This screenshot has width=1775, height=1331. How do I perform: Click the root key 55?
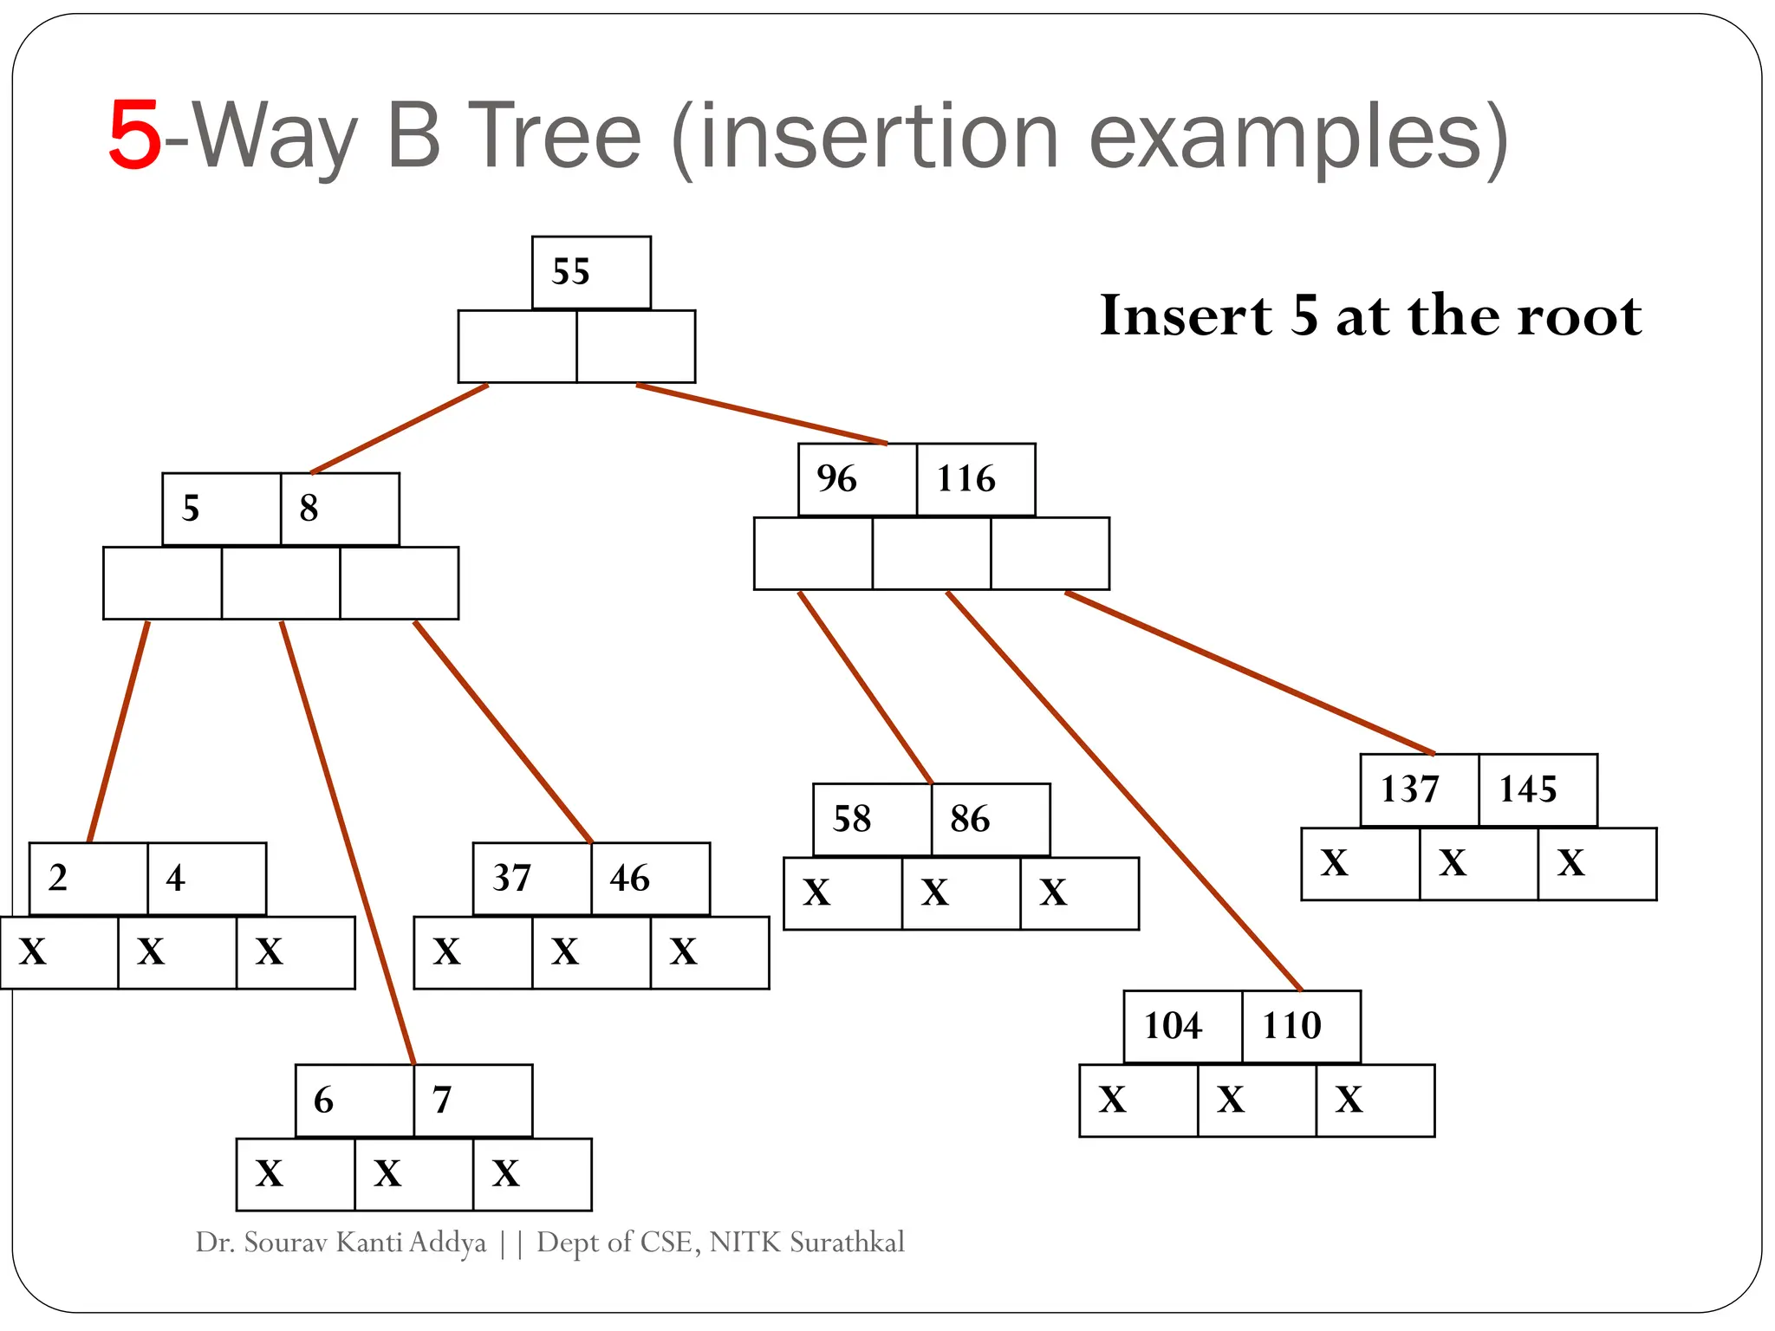pos(571,272)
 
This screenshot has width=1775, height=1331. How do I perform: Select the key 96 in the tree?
pos(836,479)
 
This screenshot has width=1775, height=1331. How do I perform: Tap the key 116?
pos(966,479)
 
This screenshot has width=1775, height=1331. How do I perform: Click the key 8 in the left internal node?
pos(309,509)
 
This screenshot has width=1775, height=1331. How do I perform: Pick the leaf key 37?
pos(511,879)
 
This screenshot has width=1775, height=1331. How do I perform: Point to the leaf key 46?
pos(630,879)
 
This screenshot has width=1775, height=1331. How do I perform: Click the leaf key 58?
pos(851,819)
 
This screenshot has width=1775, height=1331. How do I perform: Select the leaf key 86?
pos(970,819)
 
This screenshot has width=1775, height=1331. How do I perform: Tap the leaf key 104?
pos(1173,1027)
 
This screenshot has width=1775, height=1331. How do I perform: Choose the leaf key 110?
pos(1291,1027)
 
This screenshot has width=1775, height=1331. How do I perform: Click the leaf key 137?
pos(1410,789)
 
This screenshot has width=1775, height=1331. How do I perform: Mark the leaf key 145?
pos(1528,789)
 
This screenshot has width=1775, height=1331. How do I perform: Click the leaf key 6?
pos(323,1101)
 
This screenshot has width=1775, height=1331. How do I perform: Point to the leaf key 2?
pos(58,879)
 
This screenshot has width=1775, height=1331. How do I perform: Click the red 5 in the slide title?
pos(135,136)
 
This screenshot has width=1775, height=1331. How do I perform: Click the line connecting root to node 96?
pos(763,414)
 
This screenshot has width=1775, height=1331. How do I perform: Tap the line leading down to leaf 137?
pos(1248,672)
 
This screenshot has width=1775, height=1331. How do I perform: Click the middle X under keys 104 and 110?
pos(1231,1101)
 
